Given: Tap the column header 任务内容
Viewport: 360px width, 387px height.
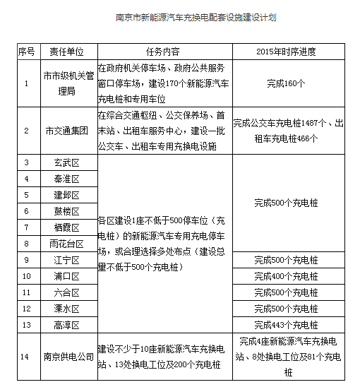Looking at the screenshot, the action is [163, 52].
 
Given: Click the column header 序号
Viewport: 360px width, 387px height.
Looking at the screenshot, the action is [26, 52].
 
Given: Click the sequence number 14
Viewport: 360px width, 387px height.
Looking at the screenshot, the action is [26, 357].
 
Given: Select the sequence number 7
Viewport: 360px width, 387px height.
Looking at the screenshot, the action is [26, 227].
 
